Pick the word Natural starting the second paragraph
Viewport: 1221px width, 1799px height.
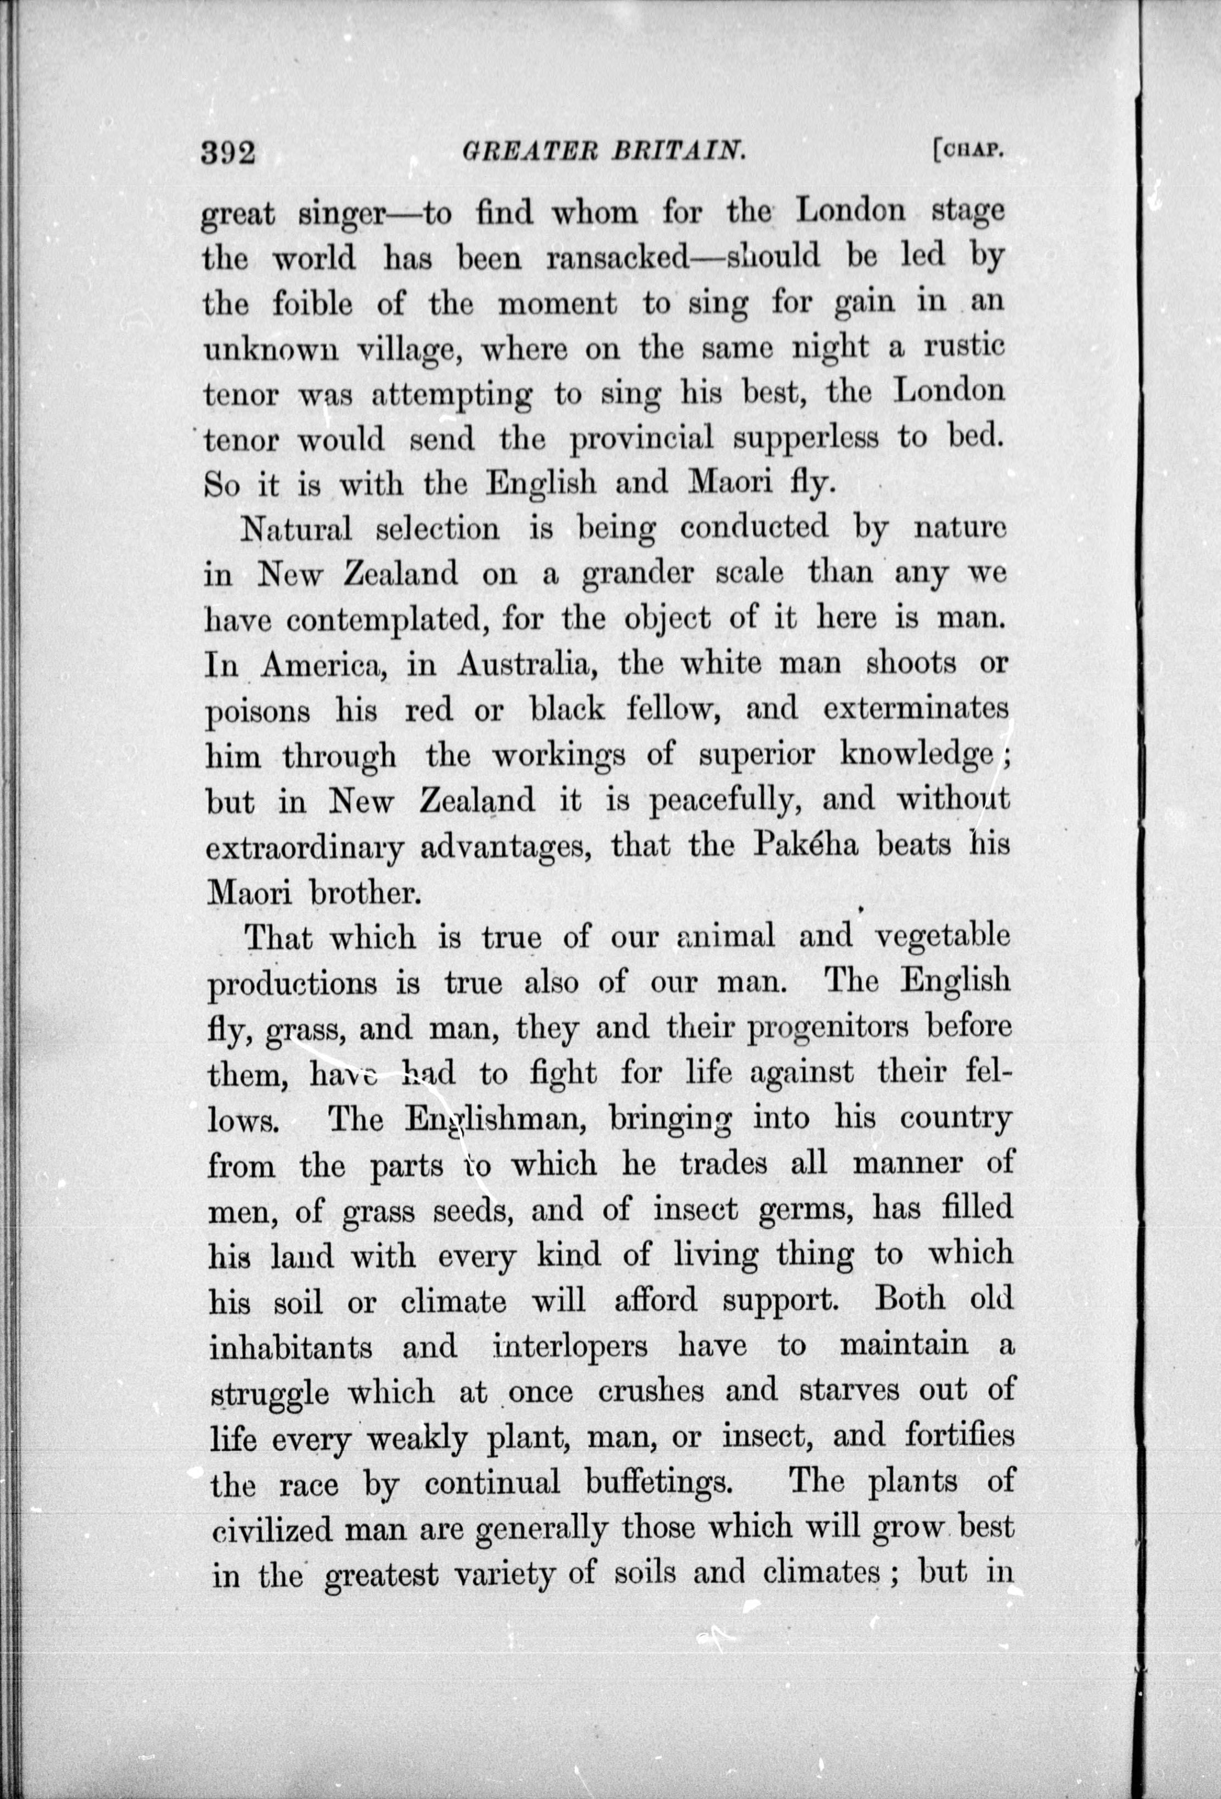[296, 529]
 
